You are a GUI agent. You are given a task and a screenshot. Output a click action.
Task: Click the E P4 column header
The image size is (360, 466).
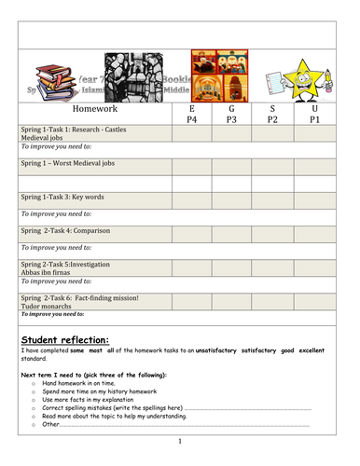(x=192, y=114)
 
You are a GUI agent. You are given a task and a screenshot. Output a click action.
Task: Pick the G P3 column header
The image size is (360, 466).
(x=232, y=114)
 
